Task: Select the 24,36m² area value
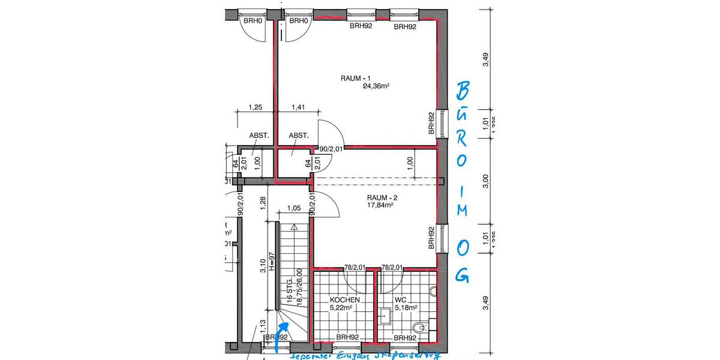click(376, 86)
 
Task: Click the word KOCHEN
click(345, 300)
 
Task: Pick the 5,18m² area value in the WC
click(406, 308)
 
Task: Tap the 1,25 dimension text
click(256, 107)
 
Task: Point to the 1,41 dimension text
click(298, 107)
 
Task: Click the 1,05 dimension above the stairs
click(293, 208)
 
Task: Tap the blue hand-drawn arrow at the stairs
click(282, 334)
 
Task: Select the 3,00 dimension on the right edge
click(487, 180)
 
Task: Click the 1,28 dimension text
click(263, 203)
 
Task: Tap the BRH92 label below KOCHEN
click(347, 337)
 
